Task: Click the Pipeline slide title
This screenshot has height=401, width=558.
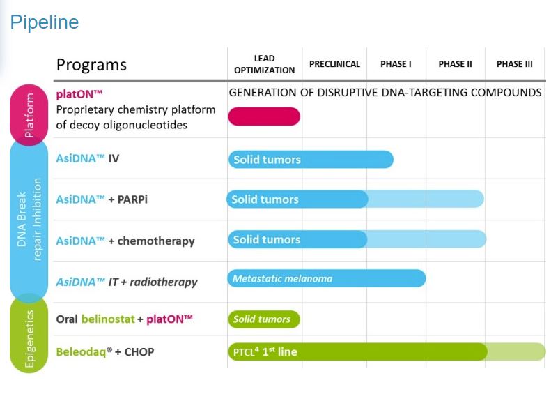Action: coord(45,22)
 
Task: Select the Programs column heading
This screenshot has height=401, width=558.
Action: coord(91,64)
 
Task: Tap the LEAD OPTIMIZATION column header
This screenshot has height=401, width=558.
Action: coord(265,64)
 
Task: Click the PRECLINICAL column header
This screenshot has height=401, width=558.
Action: coord(334,64)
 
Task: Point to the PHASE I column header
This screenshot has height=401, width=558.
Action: coord(396,64)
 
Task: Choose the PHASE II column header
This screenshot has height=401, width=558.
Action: coord(455,64)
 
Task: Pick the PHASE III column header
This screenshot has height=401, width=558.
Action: coord(515,64)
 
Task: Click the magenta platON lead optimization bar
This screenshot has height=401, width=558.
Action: coord(264,116)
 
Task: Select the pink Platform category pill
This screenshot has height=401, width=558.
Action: coord(29,115)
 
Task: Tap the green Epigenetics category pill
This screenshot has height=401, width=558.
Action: coord(29,335)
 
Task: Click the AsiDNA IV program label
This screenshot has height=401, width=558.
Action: coord(88,158)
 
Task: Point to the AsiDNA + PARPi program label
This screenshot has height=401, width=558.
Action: coord(102,199)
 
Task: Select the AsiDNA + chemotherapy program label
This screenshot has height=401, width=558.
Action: coord(125,241)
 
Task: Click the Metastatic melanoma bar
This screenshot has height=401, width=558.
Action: coord(327,278)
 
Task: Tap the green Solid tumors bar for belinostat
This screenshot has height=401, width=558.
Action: coord(264,319)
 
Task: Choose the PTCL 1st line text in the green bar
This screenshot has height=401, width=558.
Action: coord(265,352)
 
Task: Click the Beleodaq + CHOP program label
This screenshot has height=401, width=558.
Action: coord(105,352)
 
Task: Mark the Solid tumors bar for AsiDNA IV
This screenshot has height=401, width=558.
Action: coord(311,160)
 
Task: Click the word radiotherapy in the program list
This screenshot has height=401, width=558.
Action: coord(164,282)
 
